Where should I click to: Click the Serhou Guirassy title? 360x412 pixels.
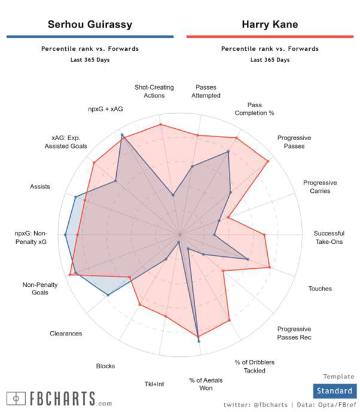point(90,25)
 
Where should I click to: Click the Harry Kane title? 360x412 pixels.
point(270,25)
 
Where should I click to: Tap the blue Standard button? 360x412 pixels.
point(334,391)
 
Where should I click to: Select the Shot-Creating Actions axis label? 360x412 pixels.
point(154,91)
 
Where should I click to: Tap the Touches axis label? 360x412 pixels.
point(320,289)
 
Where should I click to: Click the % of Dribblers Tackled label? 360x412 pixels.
point(255,366)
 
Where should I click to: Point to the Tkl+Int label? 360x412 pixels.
point(155,384)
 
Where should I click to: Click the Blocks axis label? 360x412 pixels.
point(105,366)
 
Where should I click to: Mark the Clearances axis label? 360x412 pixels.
point(66,334)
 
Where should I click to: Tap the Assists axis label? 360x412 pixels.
point(40,187)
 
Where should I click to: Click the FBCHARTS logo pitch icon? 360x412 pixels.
point(16,398)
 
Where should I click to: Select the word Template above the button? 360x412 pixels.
point(338,377)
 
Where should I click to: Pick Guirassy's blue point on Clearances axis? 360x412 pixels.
point(108,295)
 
